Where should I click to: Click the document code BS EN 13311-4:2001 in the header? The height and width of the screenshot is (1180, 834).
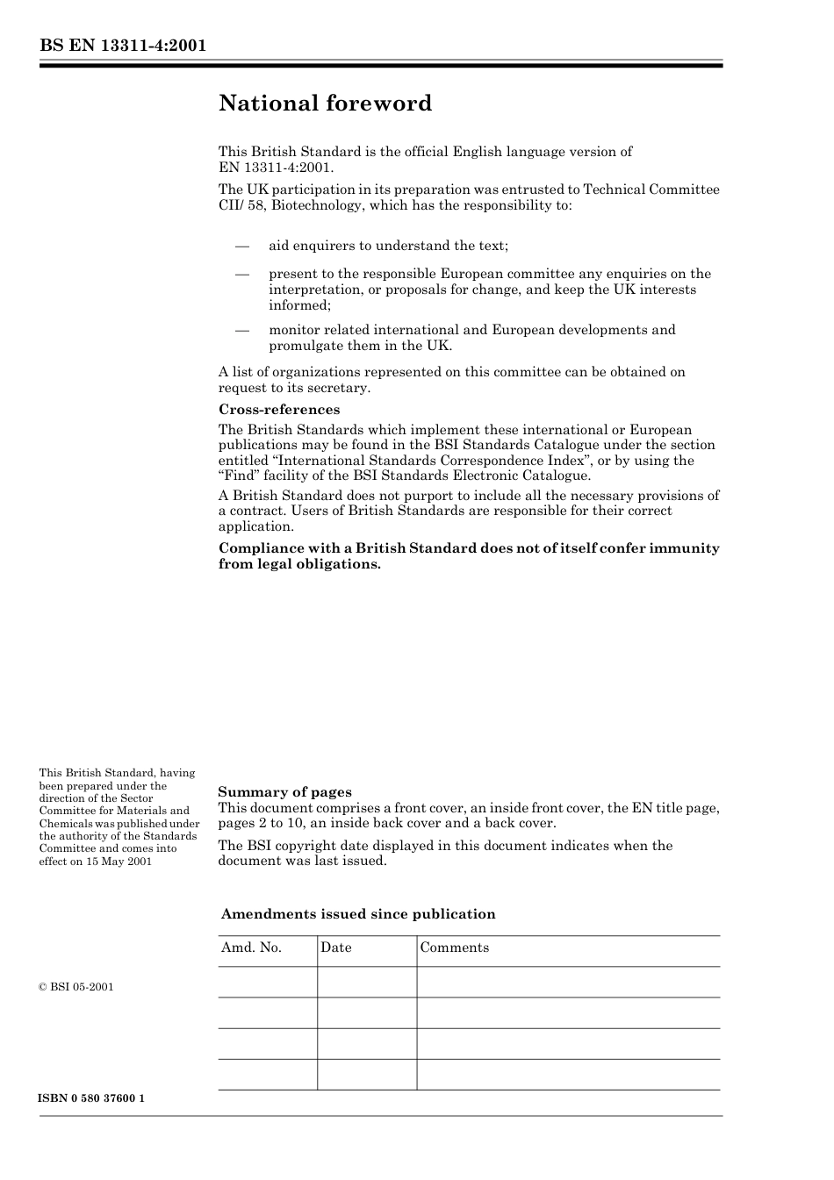[123, 46]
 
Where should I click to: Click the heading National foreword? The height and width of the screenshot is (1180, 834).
[325, 104]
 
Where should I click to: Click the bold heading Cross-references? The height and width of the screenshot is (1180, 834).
[278, 410]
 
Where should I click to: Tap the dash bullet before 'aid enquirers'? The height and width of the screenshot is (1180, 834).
[242, 246]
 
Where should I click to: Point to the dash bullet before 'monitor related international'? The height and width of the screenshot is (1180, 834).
[242, 330]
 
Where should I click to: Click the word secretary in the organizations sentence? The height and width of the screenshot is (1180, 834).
[340, 388]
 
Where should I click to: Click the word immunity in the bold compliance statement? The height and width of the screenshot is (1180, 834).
[684, 548]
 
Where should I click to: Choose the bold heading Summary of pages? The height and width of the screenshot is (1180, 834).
[284, 792]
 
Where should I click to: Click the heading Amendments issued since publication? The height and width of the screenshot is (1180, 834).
[358, 914]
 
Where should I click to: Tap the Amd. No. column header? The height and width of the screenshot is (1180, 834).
[251, 948]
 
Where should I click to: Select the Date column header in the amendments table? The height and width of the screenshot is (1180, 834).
[335, 948]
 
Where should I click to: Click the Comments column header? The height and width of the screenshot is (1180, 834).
[454, 948]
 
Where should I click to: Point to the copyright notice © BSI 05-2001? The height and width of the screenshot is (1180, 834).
[76, 987]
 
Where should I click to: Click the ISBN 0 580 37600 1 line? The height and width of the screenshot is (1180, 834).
[91, 1098]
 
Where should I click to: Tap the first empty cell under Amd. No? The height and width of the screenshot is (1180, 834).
[267, 982]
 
